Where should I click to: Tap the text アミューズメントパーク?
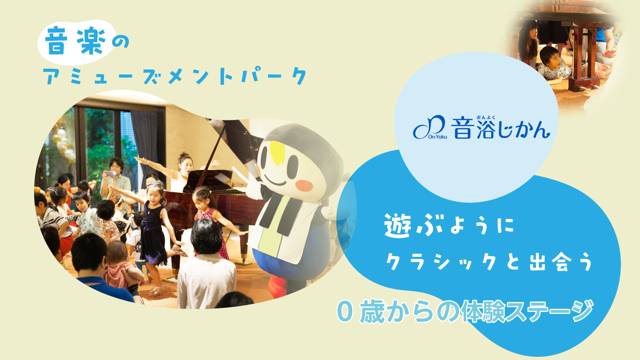[x=175, y=76]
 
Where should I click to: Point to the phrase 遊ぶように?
[x=449, y=226]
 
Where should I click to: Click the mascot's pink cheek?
[x=304, y=186]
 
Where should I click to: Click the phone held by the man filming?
[x=111, y=174]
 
